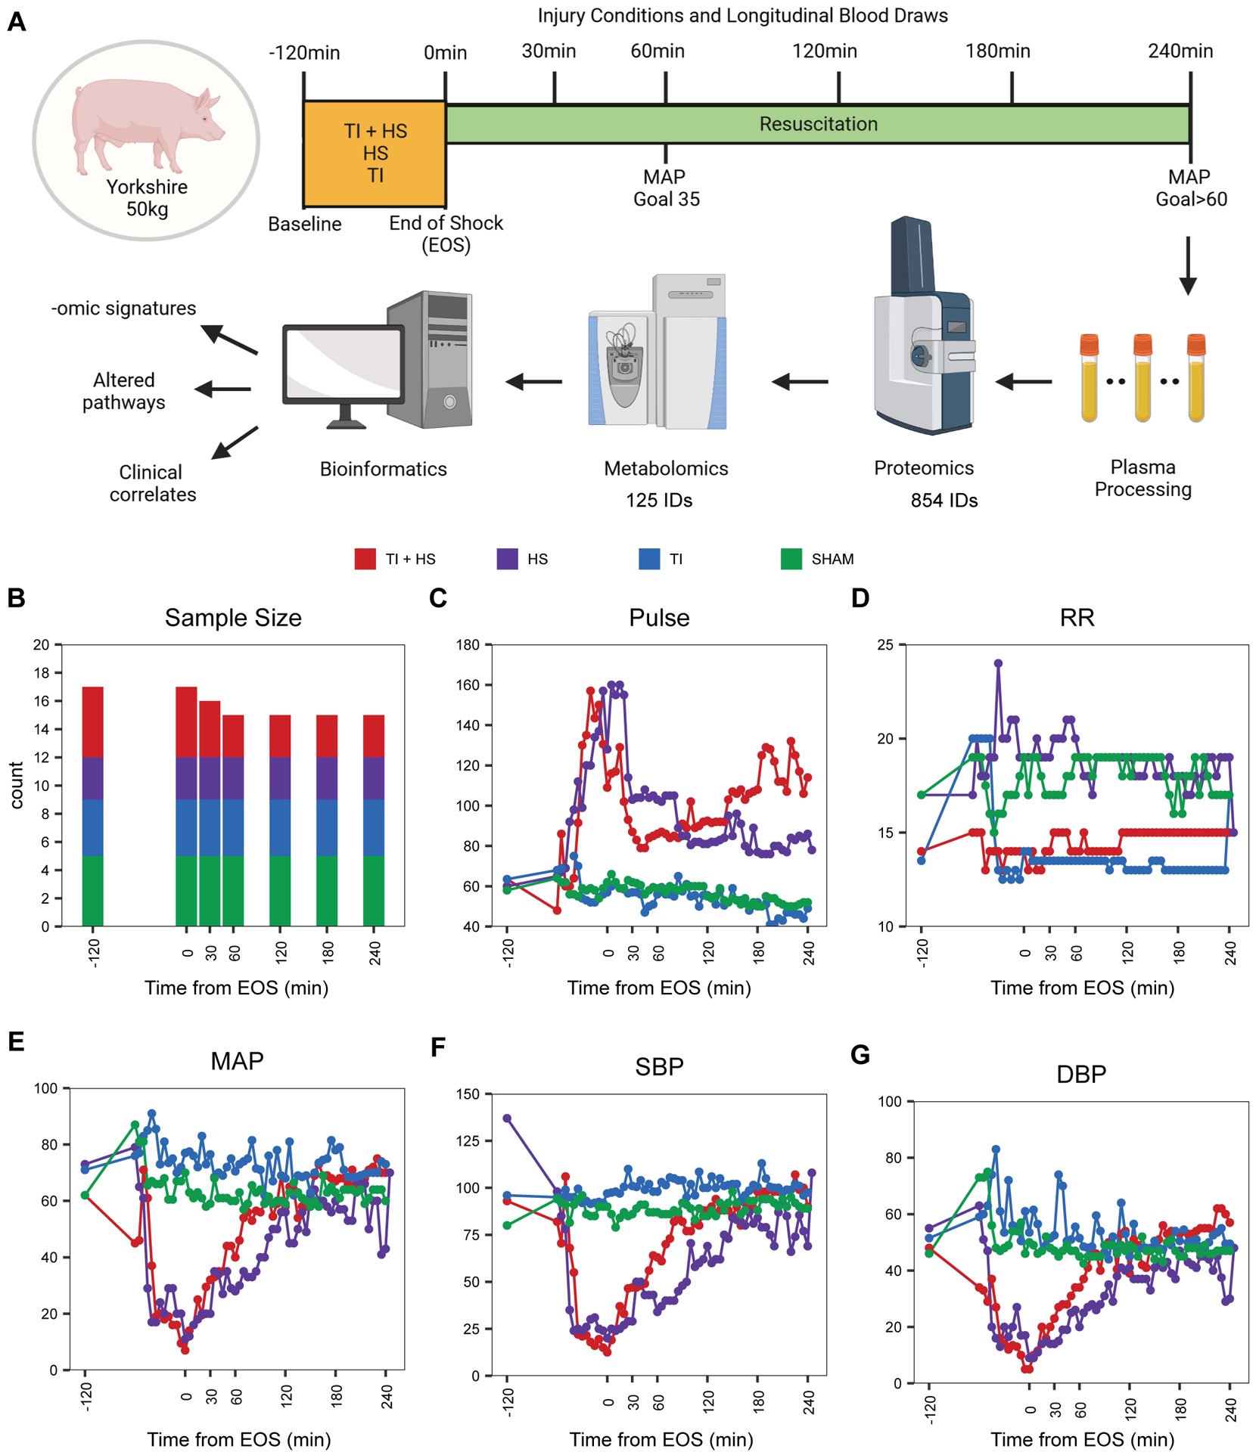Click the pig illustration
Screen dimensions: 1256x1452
pyautogui.click(x=148, y=129)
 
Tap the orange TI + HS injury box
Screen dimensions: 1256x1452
pyautogui.click(x=375, y=154)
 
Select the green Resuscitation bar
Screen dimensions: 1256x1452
pyautogui.click(x=818, y=124)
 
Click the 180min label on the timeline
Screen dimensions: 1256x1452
pyautogui.click(x=997, y=51)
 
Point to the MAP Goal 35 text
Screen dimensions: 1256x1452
pyautogui.click(x=666, y=188)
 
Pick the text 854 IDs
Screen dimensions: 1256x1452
pyautogui.click(x=944, y=501)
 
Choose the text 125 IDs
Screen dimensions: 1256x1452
pyautogui.click(x=659, y=501)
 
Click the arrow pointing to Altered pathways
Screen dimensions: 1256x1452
pyautogui.click(x=223, y=389)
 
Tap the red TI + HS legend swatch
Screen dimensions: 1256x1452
pyautogui.click(x=365, y=559)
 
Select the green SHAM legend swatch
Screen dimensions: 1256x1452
pyautogui.click(x=791, y=559)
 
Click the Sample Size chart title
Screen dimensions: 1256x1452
pyautogui.click(x=233, y=618)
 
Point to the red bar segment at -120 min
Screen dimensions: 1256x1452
pyautogui.click(x=93, y=722)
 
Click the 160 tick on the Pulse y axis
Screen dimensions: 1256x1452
pyautogui.click(x=468, y=685)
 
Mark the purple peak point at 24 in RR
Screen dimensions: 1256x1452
pyautogui.click(x=999, y=664)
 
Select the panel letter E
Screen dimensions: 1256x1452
pyautogui.click(x=16, y=1041)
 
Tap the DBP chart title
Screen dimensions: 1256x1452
pyautogui.click(x=1081, y=1074)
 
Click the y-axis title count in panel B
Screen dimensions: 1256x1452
pyautogui.click(x=17, y=785)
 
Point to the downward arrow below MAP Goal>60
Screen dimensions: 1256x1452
pyautogui.click(x=1188, y=265)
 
